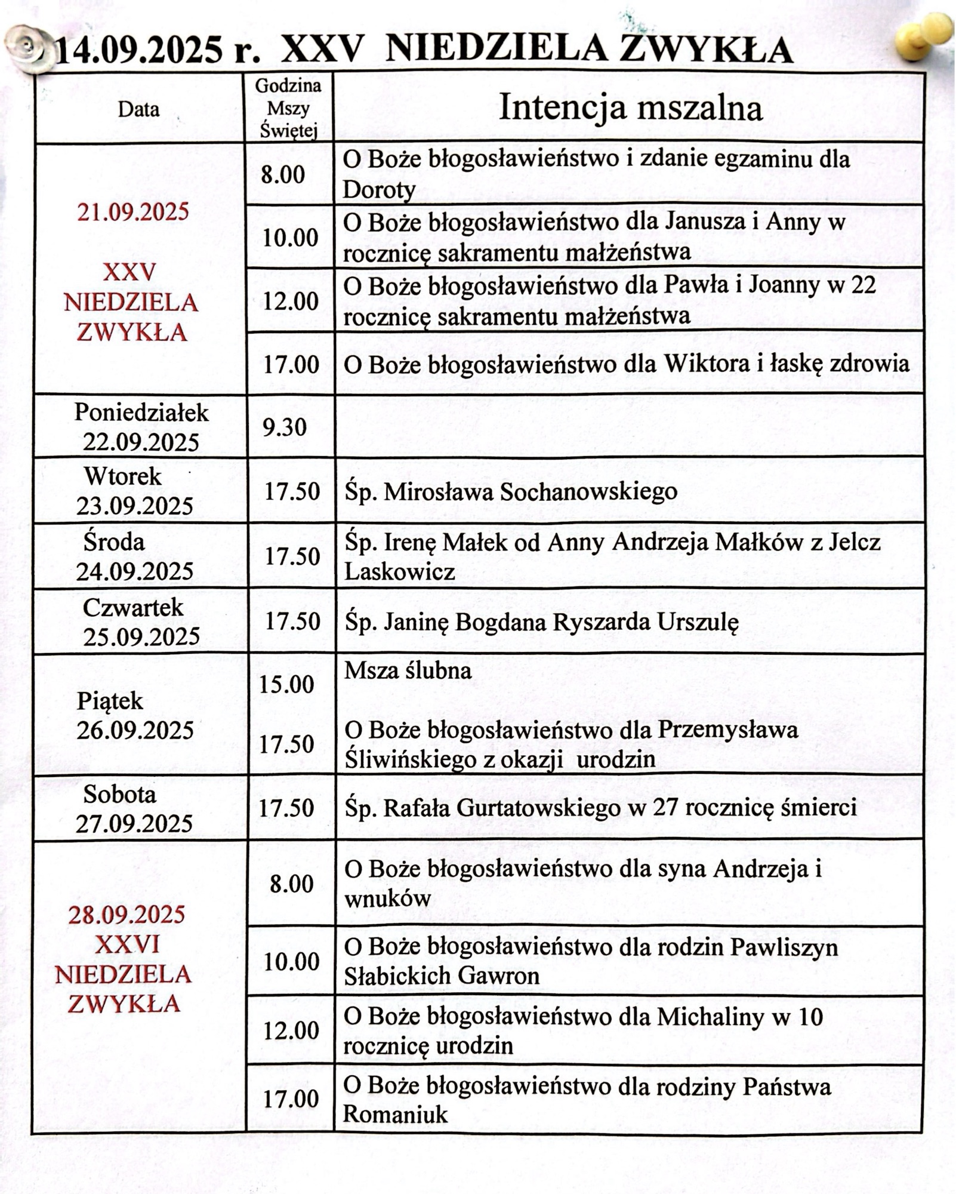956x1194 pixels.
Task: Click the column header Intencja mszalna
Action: [630, 108]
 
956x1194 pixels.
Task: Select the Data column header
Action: [138, 109]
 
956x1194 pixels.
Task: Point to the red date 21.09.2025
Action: [132, 212]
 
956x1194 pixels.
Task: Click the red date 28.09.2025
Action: [127, 914]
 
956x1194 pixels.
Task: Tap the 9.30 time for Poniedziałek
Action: [285, 427]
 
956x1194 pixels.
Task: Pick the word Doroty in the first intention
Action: [379, 190]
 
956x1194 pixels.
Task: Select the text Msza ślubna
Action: [408, 670]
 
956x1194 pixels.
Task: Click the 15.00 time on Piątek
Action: [286, 684]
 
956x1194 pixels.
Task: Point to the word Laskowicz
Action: [399, 572]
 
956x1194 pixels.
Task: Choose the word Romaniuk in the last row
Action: [395, 1114]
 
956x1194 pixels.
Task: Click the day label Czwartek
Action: [133, 608]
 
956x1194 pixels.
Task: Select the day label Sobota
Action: [119, 794]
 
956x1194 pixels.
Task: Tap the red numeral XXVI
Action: [127, 944]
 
